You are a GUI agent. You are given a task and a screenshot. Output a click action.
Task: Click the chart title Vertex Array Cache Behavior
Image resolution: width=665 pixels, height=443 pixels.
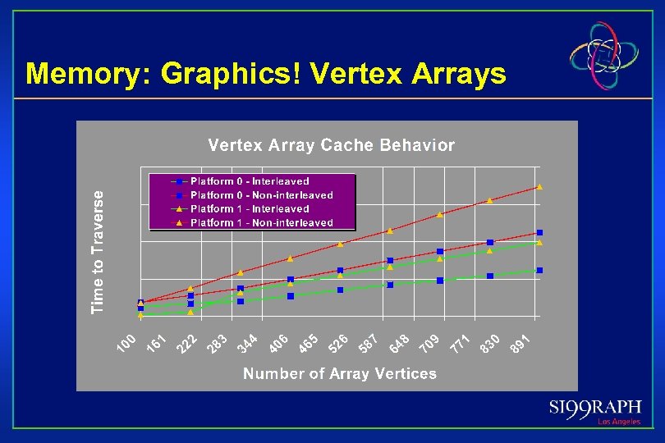click(x=331, y=145)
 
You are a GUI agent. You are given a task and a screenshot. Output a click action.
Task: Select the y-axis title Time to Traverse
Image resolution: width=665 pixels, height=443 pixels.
click(x=99, y=252)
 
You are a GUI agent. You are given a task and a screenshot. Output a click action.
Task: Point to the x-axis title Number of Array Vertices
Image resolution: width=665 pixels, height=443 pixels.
click(x=339, y=374)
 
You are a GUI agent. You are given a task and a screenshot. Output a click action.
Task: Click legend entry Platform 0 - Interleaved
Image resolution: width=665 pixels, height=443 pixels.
click(x=250, y=181)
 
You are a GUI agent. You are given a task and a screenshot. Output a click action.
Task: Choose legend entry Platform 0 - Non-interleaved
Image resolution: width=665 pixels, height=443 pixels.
click(x=261, y=195)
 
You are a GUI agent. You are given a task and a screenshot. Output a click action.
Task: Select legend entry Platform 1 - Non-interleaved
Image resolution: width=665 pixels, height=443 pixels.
click(x=261, y=222)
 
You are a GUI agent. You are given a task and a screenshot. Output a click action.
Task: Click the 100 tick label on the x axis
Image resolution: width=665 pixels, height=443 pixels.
click(x=126, y=345)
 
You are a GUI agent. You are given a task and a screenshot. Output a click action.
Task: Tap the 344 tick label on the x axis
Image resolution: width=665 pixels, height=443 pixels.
click(x=247, y=345)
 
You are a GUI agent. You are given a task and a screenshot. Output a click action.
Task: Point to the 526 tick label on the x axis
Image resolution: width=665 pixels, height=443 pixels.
click(x=338, y=345)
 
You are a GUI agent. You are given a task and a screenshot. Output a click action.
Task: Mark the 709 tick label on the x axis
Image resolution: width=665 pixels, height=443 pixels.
click(x=429, y=345)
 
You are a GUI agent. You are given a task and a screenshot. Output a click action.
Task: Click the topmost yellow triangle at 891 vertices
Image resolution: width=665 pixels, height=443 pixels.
click(x=539, y=187)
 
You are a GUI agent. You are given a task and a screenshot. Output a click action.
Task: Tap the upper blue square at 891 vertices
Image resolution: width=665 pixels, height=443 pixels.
click(x=539, y=233)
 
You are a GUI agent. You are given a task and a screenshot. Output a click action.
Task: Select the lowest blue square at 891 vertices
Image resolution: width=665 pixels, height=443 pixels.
click(x=539, y=270)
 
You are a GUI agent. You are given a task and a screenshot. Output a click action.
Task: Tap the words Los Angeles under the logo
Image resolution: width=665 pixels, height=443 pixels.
click(x=618, y=422)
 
